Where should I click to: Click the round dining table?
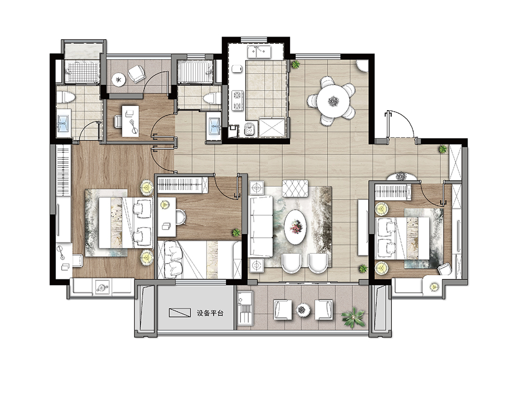[333, 101]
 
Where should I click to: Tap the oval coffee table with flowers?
[295, 226]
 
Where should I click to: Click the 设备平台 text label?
[210, 313]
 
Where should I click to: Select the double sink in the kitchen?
[259, 52]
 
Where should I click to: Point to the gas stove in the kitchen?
[237, 100]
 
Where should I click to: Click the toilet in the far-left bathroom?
[66, 97]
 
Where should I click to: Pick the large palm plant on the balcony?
[353, 317]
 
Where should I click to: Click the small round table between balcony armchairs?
[303, 310]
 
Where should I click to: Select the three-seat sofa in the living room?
[261, 226]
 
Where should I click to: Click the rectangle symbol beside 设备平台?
[180, 312]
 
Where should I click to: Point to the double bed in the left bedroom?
[126, 222]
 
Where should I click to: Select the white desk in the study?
[130, 121]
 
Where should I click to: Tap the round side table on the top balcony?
[118, 79]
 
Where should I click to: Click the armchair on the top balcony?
[136, 74]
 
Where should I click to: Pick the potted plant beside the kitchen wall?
[295, 64]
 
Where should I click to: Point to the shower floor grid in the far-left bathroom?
[81, 72]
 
